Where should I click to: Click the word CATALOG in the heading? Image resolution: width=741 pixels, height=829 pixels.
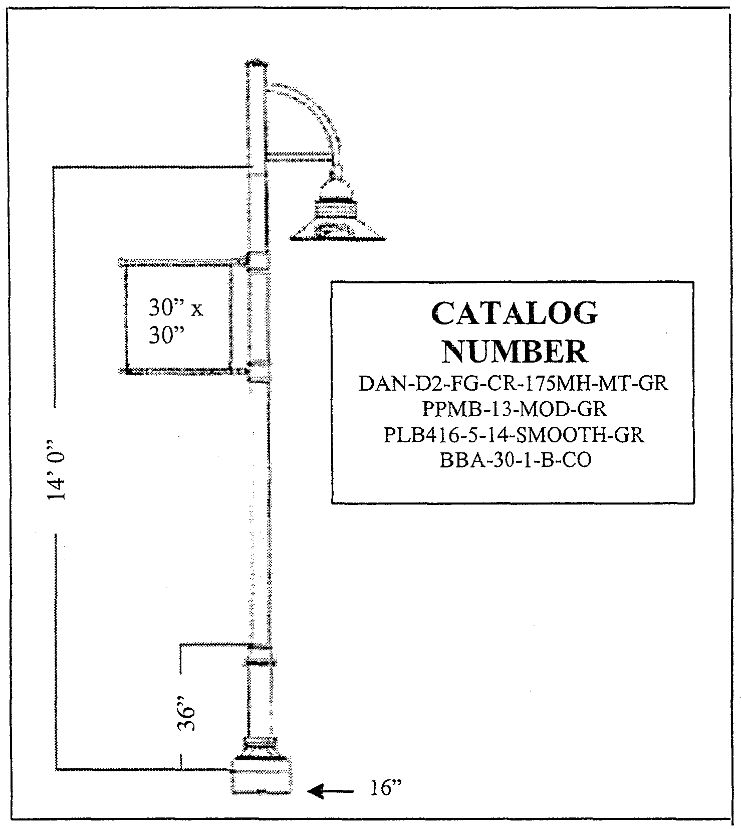pos(514,314)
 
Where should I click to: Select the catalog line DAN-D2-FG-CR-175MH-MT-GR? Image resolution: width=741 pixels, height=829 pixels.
pos(514,384)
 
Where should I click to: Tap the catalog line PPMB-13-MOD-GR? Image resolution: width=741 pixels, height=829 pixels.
pos(514,409)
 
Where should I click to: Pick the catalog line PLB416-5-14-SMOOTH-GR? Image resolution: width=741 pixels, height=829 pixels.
pos(514,435)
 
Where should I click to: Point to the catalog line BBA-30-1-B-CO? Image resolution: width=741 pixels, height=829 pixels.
pos(515,460)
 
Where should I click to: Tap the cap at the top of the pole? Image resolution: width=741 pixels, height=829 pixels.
pos(256,64)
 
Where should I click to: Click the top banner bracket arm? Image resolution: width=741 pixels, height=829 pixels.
pos(183,262)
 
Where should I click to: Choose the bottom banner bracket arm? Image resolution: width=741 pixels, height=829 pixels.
pos(183,372)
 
